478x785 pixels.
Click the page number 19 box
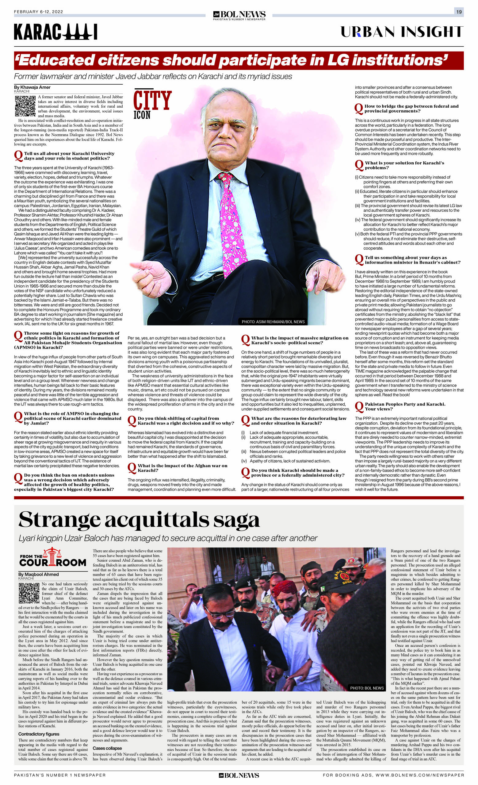(x=459, y=12)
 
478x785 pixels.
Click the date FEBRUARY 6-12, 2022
(x=39, y=12)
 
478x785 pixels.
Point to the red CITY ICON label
(x=152, y=104)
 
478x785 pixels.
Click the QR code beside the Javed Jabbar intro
(x=25, y=106)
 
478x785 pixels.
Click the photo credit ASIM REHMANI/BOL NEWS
(x=273, y=321)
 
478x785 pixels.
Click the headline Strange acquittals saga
(x=139, y=520)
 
